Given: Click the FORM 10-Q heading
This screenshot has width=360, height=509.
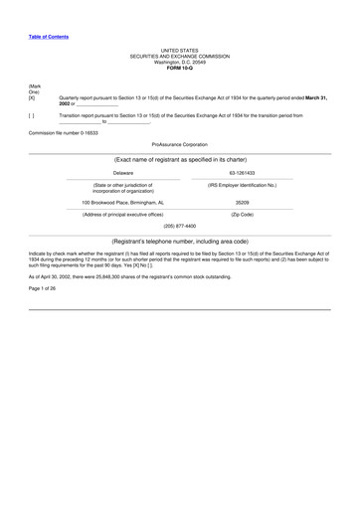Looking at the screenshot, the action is coord(180,66).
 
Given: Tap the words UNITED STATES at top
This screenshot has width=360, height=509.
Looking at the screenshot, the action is coord(180,50).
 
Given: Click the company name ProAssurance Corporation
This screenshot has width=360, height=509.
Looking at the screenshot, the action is coord(180,144).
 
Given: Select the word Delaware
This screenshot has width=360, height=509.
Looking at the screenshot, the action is coord(123,173).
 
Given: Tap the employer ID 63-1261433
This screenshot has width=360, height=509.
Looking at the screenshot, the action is coord(242,173).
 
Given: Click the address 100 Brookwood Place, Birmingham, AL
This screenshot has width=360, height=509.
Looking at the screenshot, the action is coord(123,202).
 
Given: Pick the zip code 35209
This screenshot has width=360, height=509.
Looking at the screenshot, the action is coord(242,202).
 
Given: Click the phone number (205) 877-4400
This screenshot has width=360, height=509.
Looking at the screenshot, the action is coord(180,226).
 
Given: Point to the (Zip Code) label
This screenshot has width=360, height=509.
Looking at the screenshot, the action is coord(242,215).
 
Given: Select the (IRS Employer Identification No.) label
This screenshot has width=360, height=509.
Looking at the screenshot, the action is coord(242,186).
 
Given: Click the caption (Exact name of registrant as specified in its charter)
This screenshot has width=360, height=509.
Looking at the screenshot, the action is coord(180,159).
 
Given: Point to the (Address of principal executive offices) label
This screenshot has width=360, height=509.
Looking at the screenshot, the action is coord(123,215).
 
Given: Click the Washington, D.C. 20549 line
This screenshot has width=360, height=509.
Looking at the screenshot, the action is coord(180,61).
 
